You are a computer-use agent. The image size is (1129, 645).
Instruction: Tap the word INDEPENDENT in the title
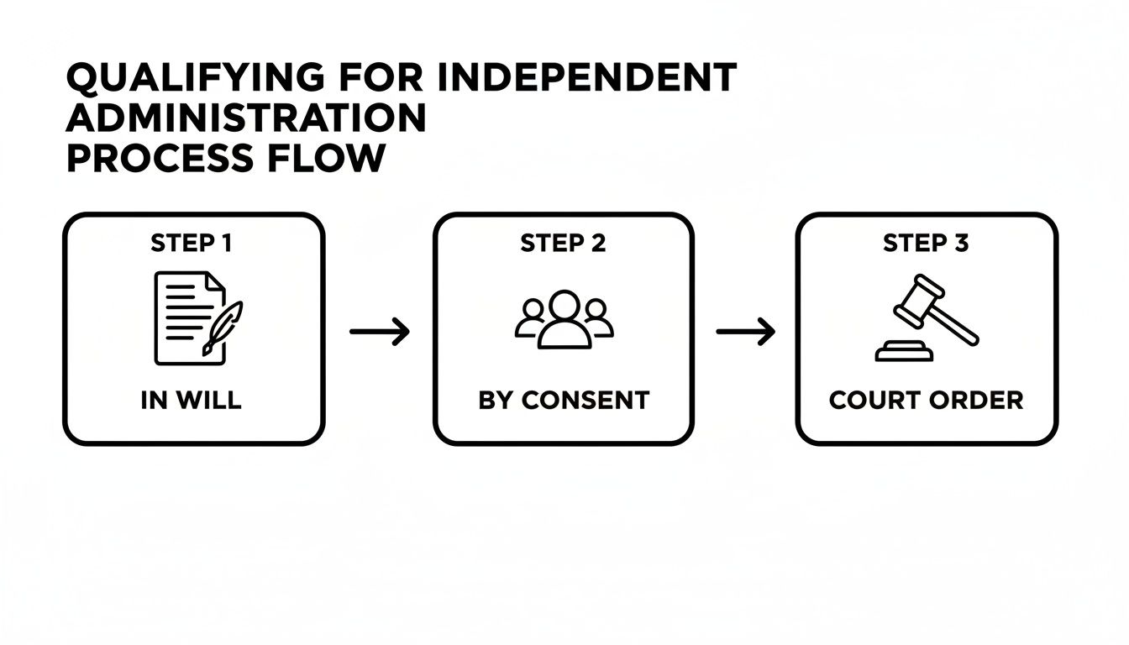[x=588, y=78]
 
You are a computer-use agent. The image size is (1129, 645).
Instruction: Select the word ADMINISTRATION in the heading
[x=245, y=118]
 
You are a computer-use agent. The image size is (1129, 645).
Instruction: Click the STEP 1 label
[x=192, y=244]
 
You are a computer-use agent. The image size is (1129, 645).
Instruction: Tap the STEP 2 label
[x=563, y=244]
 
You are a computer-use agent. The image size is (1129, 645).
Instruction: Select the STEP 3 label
[x=926, y=244]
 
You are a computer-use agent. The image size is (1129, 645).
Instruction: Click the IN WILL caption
[x=192, y=401]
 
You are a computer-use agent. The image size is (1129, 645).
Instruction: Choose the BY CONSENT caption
[x=564, y=401]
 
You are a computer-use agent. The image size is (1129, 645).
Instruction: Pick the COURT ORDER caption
[x=926, y=401]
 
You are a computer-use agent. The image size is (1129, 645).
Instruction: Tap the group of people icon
[x=564, y=319]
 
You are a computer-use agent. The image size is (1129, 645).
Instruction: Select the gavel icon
[x=926, y=318]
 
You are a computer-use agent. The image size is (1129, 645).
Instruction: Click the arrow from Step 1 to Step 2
[x=379, y=332]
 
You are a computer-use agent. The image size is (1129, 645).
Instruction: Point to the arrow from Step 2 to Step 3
[x=745, y=332]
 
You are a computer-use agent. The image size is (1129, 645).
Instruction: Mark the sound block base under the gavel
[x=904, y=354]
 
